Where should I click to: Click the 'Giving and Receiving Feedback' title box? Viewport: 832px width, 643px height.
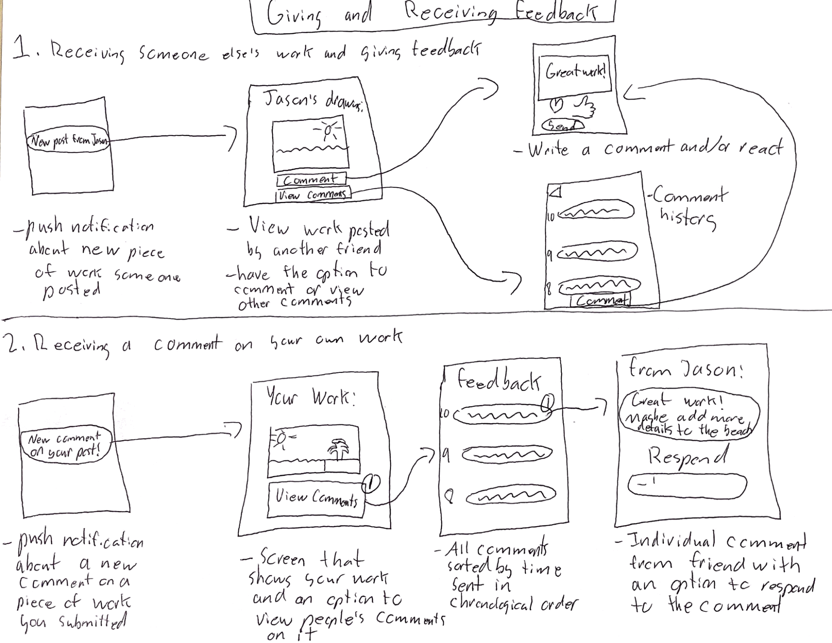433,16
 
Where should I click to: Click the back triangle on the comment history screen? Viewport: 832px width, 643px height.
556,192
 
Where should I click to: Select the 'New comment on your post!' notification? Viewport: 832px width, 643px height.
65,446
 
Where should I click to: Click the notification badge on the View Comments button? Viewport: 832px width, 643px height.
372,483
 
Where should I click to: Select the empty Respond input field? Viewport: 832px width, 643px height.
687,484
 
